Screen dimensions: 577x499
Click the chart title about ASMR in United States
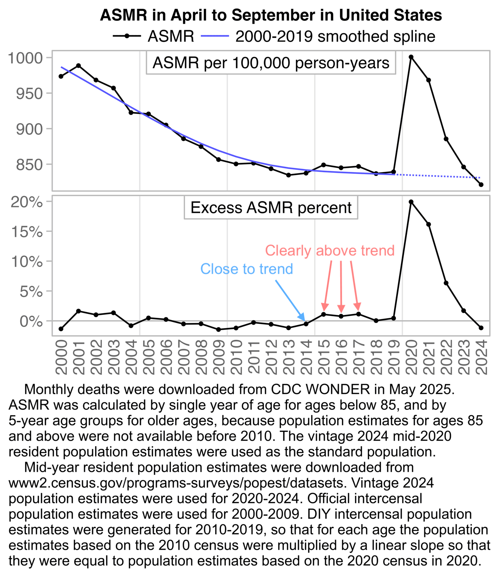coord(271,16)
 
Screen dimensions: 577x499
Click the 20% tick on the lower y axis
coord(27,202)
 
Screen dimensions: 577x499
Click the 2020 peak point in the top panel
coord(411,57)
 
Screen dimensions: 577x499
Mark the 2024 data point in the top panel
coord(481,185)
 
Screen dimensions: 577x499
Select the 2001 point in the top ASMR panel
coord(79,66)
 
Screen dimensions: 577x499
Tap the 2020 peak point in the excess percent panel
coord(411,202)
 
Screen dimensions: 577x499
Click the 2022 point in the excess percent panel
coord(446,283)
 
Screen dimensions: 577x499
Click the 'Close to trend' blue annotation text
coord(247,269)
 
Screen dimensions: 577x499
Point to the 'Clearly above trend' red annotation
coord(330,251)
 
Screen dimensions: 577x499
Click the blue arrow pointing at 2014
coord(290,300)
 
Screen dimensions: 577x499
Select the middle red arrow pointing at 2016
coord(341,287)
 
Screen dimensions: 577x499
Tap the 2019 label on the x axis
coord(394,357)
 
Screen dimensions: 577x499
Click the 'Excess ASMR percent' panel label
coord(271,208)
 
